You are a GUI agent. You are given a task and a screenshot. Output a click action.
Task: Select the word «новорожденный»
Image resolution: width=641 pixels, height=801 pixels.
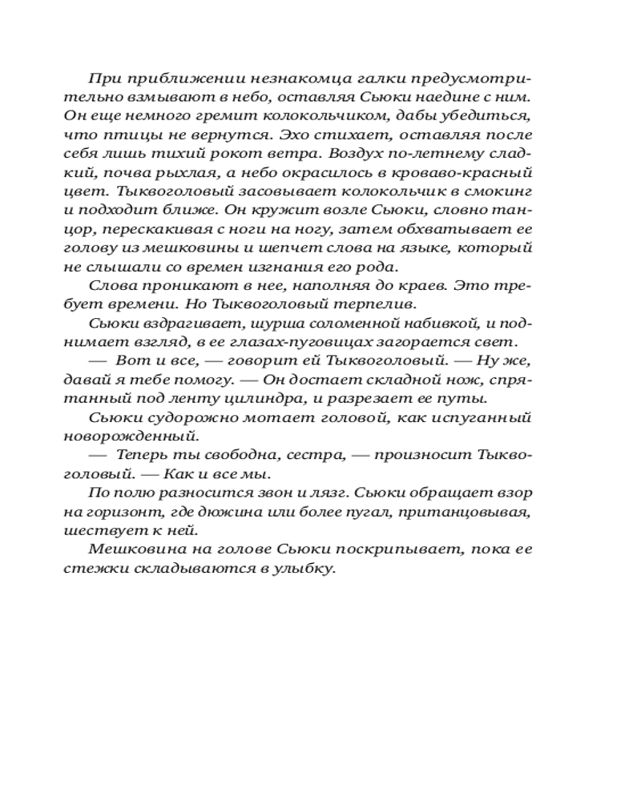tap(131, 437)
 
